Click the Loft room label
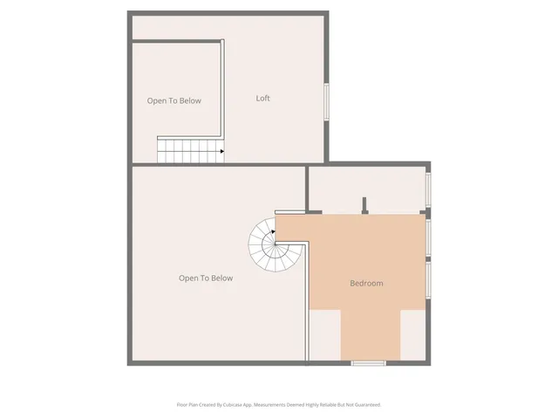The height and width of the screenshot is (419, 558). (262, 98)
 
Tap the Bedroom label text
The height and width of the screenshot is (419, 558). (366, 283)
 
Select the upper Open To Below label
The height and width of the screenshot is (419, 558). (174, 100)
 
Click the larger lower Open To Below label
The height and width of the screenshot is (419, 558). (206, 278)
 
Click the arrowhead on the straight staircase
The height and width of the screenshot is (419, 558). (222, 151)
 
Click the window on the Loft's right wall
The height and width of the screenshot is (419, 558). (327, 101)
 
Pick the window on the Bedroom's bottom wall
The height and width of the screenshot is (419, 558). (369, 362)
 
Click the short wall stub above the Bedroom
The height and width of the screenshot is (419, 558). (365, 204)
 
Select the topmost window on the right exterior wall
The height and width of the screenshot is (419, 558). (428, 187)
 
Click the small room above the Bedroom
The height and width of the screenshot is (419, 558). (366, 187)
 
